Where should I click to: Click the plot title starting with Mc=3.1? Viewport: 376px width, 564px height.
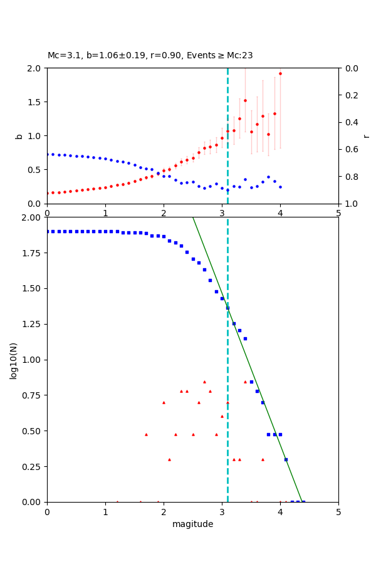[150, 56]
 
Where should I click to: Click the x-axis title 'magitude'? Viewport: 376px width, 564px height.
[192, 524]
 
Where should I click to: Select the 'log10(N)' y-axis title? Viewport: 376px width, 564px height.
[13, 360]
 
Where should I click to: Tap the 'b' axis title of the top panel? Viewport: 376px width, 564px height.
[19, 136]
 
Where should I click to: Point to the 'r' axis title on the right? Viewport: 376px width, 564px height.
[366, 136]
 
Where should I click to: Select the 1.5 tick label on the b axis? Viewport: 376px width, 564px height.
[34, 102]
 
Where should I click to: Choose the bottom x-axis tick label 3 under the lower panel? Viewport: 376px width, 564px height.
[222, 511]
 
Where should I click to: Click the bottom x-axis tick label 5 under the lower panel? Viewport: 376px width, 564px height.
[338, 511]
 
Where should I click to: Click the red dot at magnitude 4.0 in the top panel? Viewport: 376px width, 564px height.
[280, 73]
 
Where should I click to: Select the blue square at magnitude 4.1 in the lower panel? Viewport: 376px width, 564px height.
[286, 459]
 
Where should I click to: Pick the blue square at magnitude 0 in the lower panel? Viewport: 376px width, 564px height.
[48, 231]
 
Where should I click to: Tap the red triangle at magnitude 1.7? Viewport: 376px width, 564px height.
[146, 434]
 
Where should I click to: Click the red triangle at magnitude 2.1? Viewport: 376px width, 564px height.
[169, 459]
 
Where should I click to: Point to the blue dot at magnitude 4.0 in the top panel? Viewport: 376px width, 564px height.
[280, 187]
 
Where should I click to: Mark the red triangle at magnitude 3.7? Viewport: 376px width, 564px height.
[263, 459]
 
